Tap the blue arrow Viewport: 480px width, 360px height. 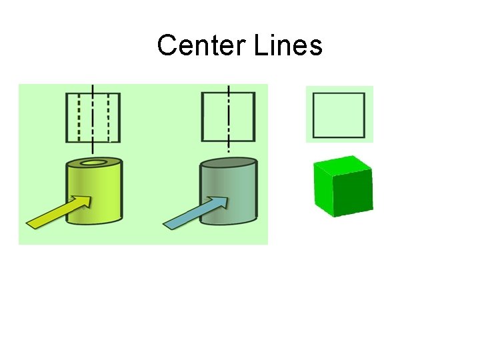pos(197,212)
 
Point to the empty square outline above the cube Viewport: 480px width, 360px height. pos(339,115)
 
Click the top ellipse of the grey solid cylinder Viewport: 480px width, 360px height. pos(229,163)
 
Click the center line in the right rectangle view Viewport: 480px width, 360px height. pos(229,117)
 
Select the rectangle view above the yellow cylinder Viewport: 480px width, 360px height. pos(93,117)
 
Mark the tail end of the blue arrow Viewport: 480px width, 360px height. pos(169,225)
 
